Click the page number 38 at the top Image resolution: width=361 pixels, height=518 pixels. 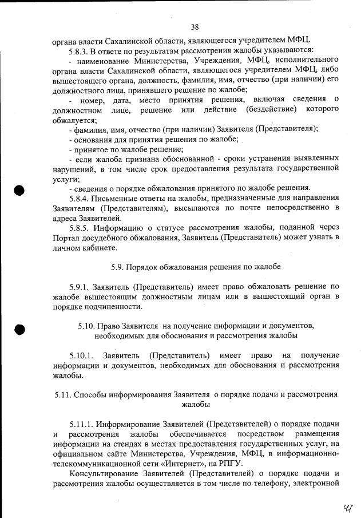click(x=195, y=27)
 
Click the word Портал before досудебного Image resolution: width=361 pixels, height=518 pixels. click(x=68, y=237)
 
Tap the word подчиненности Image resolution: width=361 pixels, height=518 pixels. click(x=102, y=306)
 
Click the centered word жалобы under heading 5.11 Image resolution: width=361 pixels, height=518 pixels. click(x=195, y=405)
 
